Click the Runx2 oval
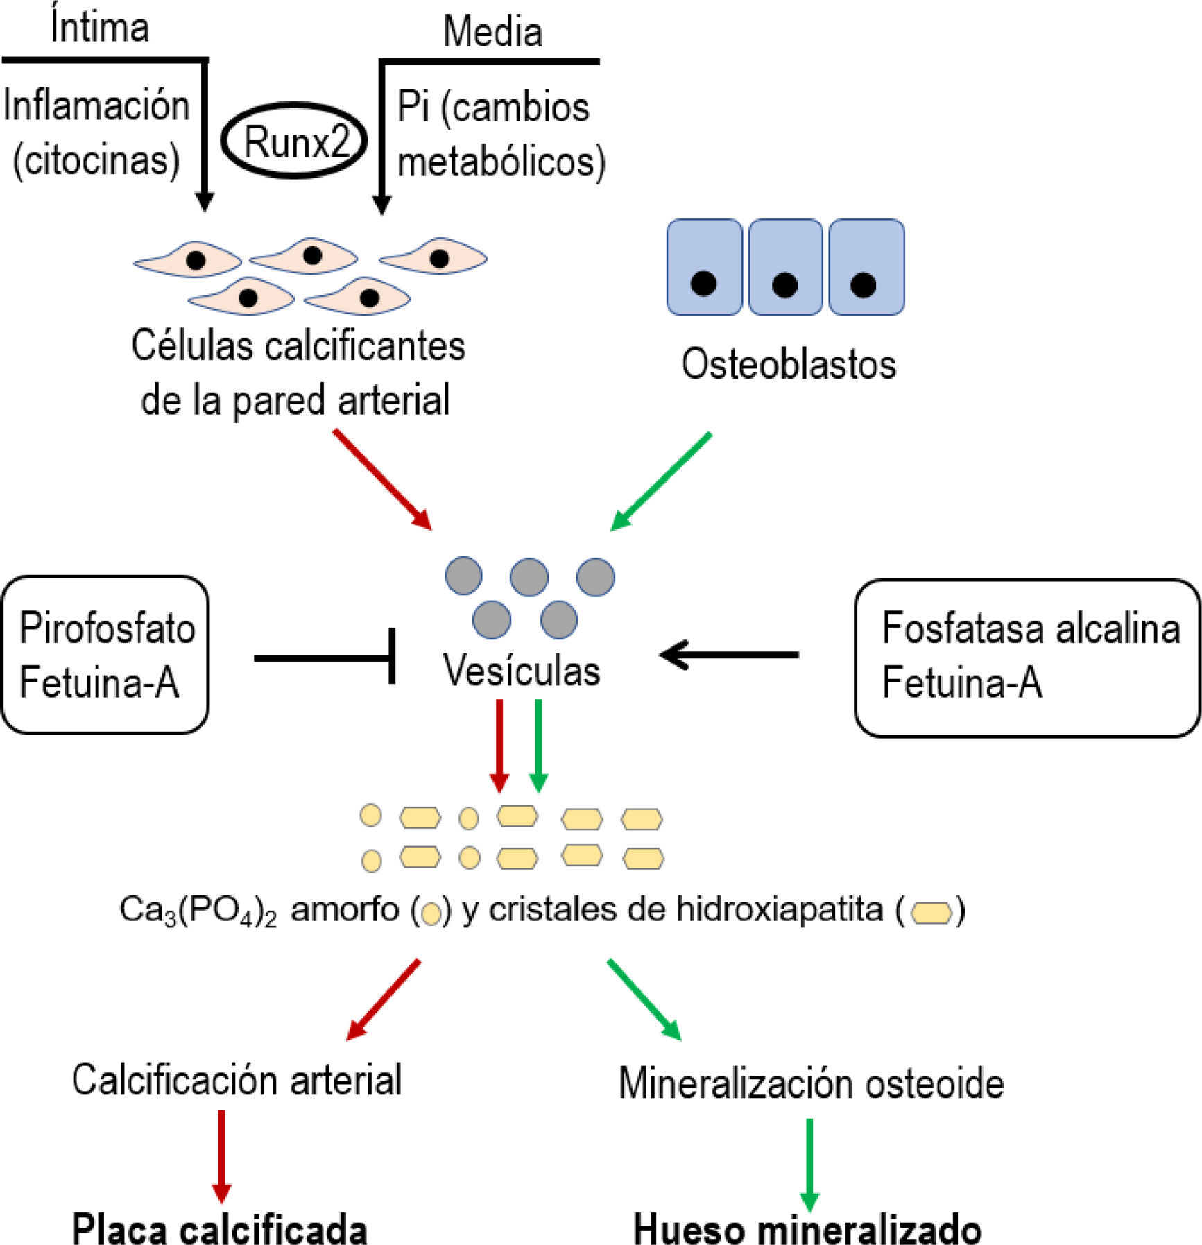tap(294, 141)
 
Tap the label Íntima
tap(100, 28)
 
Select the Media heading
tap(492, 32)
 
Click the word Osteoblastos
tap(789, 364)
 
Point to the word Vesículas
tap(522, 671)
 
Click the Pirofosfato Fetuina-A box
tap(105, 655)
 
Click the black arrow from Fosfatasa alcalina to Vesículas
tap(728, 654)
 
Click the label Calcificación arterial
tap(237, 1080)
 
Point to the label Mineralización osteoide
tap(811, 1083)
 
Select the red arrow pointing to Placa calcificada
tap(221, 1155)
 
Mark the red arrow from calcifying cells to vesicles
tap(382, 479)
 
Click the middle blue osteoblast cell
tap(785, 267)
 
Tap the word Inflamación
tap(96, 106)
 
